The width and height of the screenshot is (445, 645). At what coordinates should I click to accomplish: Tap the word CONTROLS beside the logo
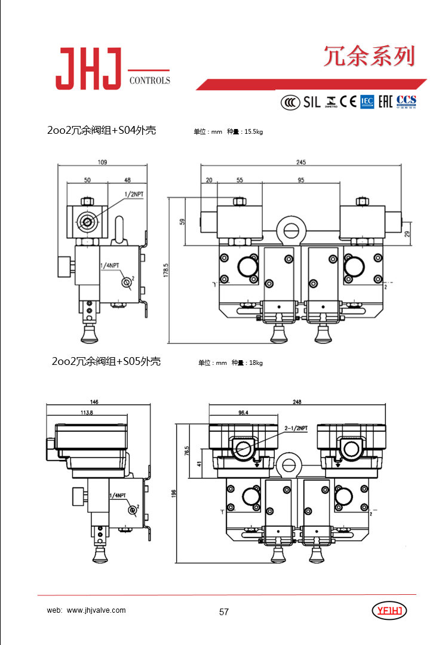(x=149, y=81)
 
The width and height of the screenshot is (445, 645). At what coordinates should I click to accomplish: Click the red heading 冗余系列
(x=369, y=56)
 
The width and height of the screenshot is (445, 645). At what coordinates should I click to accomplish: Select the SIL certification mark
(x=312, y=102)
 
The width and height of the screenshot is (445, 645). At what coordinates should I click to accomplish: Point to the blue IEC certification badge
(x=366, y=102)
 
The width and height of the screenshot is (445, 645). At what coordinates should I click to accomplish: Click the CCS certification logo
(x=406, y=101)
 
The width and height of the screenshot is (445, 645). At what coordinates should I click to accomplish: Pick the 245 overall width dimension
(x=300, y=162)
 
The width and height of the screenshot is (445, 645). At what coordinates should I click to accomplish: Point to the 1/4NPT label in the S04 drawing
(x=109, y=265)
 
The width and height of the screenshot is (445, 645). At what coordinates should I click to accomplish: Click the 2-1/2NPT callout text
(x=296, y=428)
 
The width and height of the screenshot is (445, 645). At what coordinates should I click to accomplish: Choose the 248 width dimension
(x=297, y=402)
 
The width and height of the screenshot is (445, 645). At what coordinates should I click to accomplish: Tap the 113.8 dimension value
(x=87, y=413)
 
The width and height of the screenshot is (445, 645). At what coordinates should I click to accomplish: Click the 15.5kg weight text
(x=253, y=132)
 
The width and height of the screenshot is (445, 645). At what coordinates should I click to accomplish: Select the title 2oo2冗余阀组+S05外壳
(x=106, y=361)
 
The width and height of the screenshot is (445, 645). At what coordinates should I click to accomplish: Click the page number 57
(x=224, y=612)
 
